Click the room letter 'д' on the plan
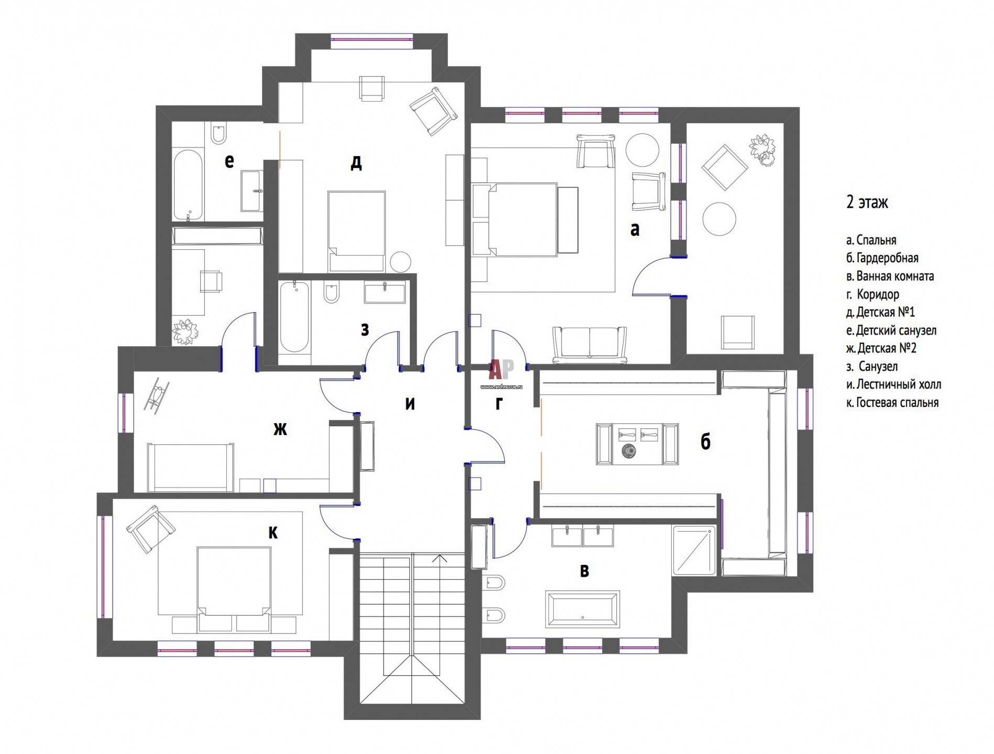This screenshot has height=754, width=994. (356, 164)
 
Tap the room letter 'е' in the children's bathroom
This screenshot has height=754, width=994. (229, 161)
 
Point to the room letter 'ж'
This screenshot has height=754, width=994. (280, 430)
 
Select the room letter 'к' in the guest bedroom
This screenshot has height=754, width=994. (273, 533)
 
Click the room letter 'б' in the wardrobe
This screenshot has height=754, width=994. (705, 442)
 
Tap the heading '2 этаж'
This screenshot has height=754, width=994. (867, 203)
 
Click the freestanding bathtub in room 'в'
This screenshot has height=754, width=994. (582, 609)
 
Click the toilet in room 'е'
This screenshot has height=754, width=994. (218, 134)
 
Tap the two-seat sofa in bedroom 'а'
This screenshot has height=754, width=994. (590, 345)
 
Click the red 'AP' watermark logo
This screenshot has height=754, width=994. (501, 370)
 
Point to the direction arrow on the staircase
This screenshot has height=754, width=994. (439, 558)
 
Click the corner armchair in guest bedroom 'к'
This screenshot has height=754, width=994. (151, 529)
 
